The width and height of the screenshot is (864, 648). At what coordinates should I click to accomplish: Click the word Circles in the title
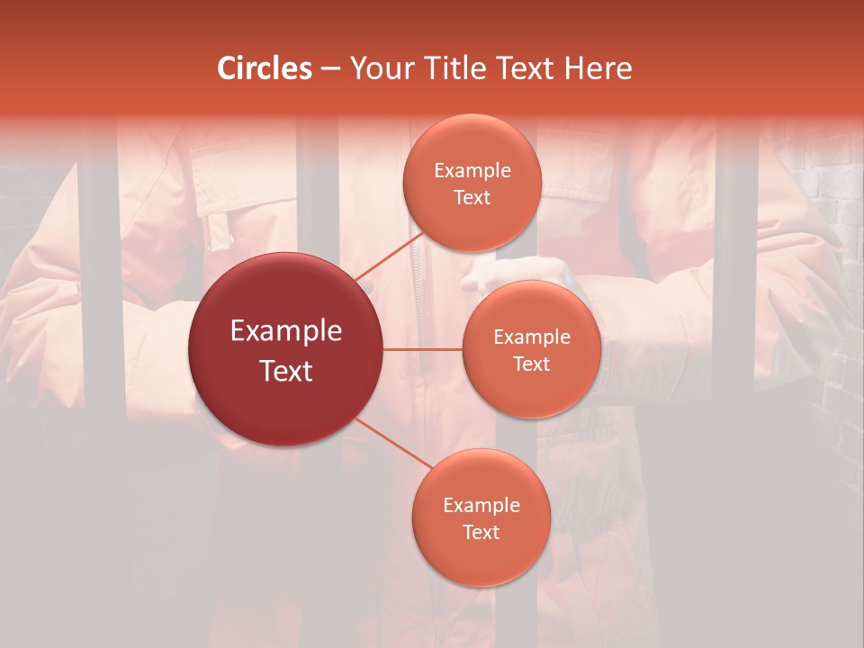pyautogui.click(x=265, y=68)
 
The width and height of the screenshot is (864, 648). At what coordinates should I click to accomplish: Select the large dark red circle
pyautogui.click(x=285, y=349)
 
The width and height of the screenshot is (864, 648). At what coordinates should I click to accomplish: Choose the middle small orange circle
pyautogui.click(x=531, y=349)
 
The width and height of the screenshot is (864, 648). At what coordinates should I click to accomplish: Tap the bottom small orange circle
pyautogui.click(x=481, y=518)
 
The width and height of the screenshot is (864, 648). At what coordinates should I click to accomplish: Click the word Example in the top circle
pyautogui.click(x=472, y=171)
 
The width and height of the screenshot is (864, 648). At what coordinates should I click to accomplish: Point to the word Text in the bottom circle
pyautogui.click(x=481, y=532)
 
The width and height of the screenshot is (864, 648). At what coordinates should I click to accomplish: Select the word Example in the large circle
pyautogui.click(x=285, y=331)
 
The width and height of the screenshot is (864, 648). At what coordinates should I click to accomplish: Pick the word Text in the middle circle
pyautogui.click(x=531, y=364)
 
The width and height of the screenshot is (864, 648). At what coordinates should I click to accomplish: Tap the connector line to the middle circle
pyautogui.click(x=423, y=348)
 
